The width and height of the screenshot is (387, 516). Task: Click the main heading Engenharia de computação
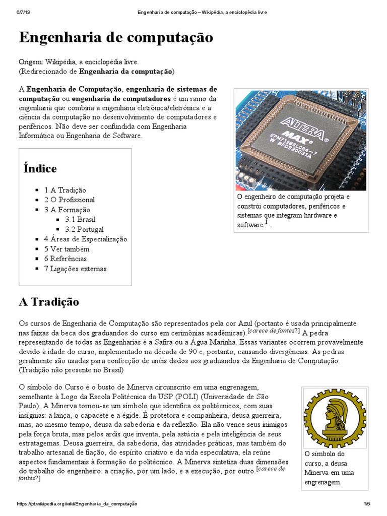pos(116,37)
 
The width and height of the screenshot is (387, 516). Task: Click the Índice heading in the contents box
pos(40,168)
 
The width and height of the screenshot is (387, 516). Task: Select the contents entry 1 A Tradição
pos(65,190)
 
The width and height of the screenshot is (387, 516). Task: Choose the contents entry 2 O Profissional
pos(69,200)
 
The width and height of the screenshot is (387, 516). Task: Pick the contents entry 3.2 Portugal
pos(84,229)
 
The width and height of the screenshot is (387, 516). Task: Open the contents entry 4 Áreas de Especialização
pos(85,239)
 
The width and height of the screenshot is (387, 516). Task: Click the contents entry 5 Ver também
pos(67,249)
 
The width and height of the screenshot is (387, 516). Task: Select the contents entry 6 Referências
pos(66,259)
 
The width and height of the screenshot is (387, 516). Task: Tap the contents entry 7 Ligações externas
pos(75,269)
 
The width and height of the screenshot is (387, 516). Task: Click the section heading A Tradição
pos(49,302)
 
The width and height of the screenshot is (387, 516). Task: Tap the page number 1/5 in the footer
pos(366,504)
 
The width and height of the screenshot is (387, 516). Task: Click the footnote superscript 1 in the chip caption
pos(267,222)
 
